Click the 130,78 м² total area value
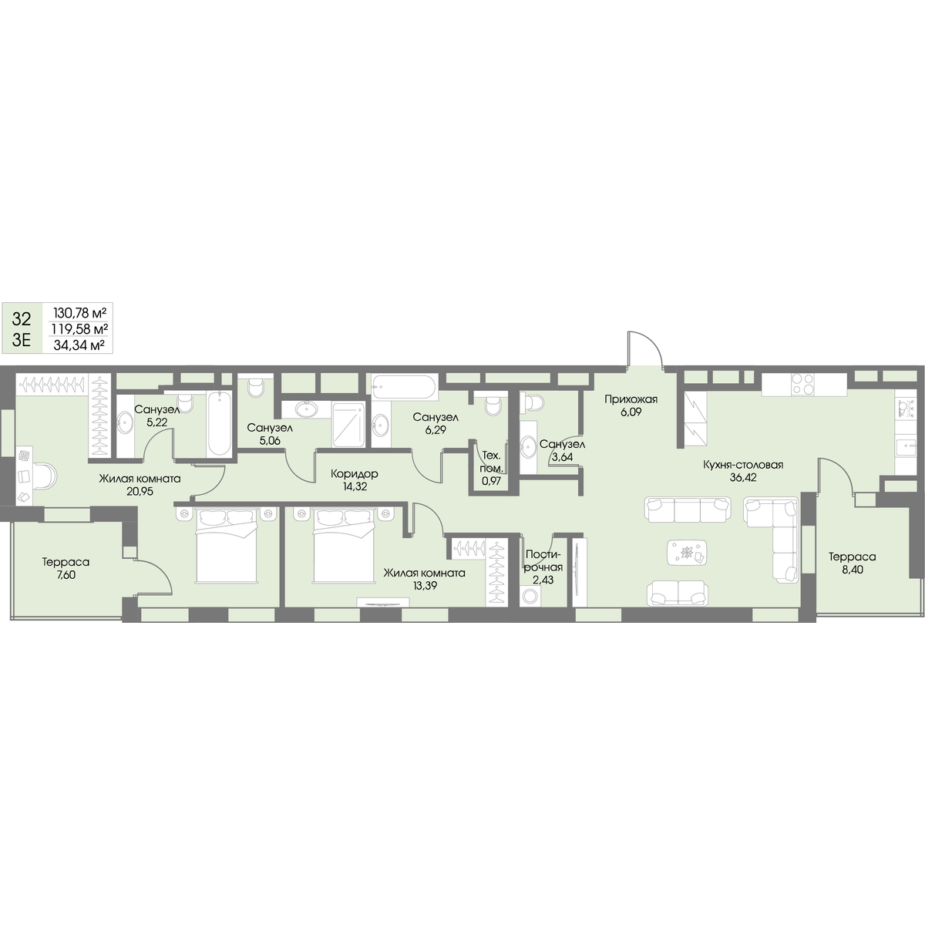[x=79, y=313]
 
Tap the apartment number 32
[x=22, y=318]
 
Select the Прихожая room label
[x=631, y=399]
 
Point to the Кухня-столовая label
[x=743, y=465]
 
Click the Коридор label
[x=355, y=474]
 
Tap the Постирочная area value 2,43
[x=544, y=580]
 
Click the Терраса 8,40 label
[x=852, y=563]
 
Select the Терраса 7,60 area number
[x=66, y=574]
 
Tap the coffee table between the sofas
[x=687, y=553]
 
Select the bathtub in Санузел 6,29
[x=405, y=388]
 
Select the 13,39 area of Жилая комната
[x=424, y=586]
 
